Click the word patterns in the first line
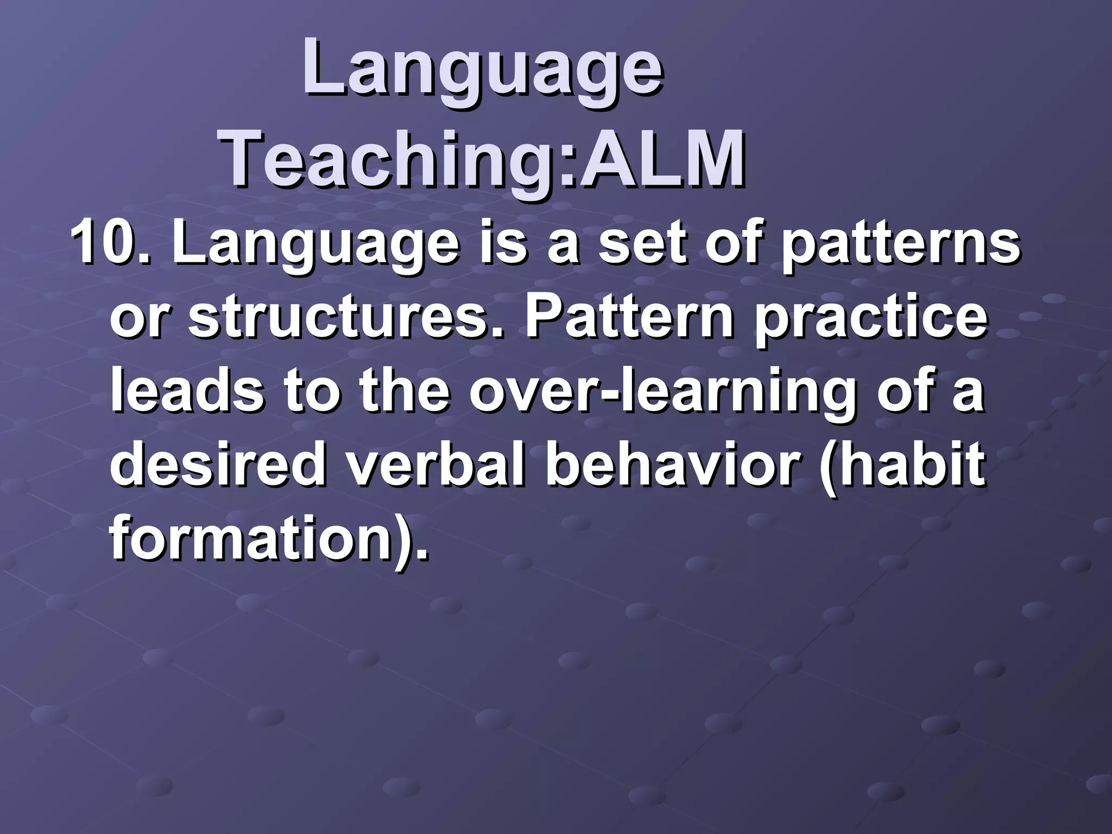coord(901,243)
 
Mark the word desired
coord(220,465)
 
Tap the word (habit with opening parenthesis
coord(902,465)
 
